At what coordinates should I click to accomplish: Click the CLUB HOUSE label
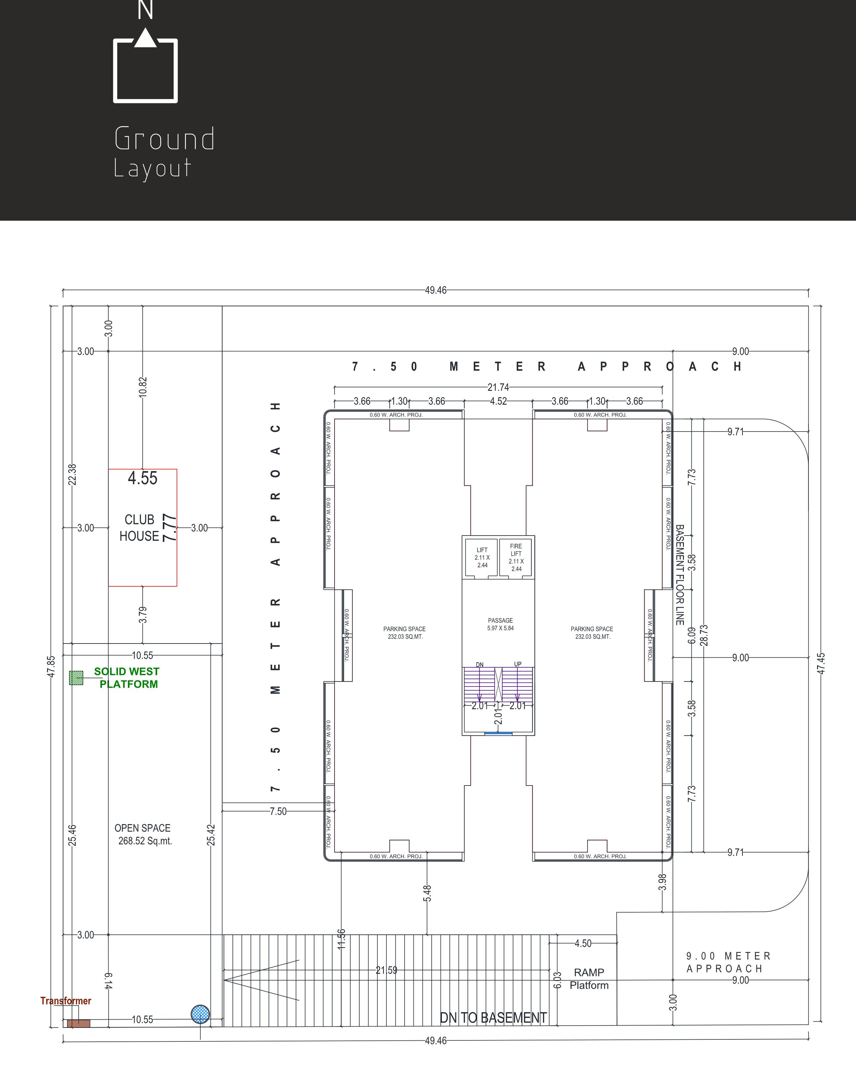click(x=139, y=528)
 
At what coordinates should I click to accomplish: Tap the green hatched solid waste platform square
click(x=76, y=678)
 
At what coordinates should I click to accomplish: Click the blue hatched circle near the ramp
click(x=200, y=1014)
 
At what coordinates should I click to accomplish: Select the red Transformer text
click(x=66, y=1001)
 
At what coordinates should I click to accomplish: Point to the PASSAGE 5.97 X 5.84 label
click(x=500, y=624)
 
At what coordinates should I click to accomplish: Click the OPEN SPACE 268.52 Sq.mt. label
click(x=143, y=834)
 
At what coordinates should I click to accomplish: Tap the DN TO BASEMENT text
click(x=493, y=1018)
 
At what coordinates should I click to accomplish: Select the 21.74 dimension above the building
click(x=498, y=387)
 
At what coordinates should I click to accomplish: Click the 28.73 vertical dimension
click(x=704, y=635)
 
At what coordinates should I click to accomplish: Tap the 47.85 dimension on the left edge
click(x=51, y=667)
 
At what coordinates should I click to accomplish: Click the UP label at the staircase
click(x=518, y=664)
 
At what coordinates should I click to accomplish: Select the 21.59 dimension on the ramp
click(x=386, y=970)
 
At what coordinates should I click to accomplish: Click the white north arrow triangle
click(x=145, y=38)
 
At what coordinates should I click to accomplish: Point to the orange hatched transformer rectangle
click(x=79, y=1023)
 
